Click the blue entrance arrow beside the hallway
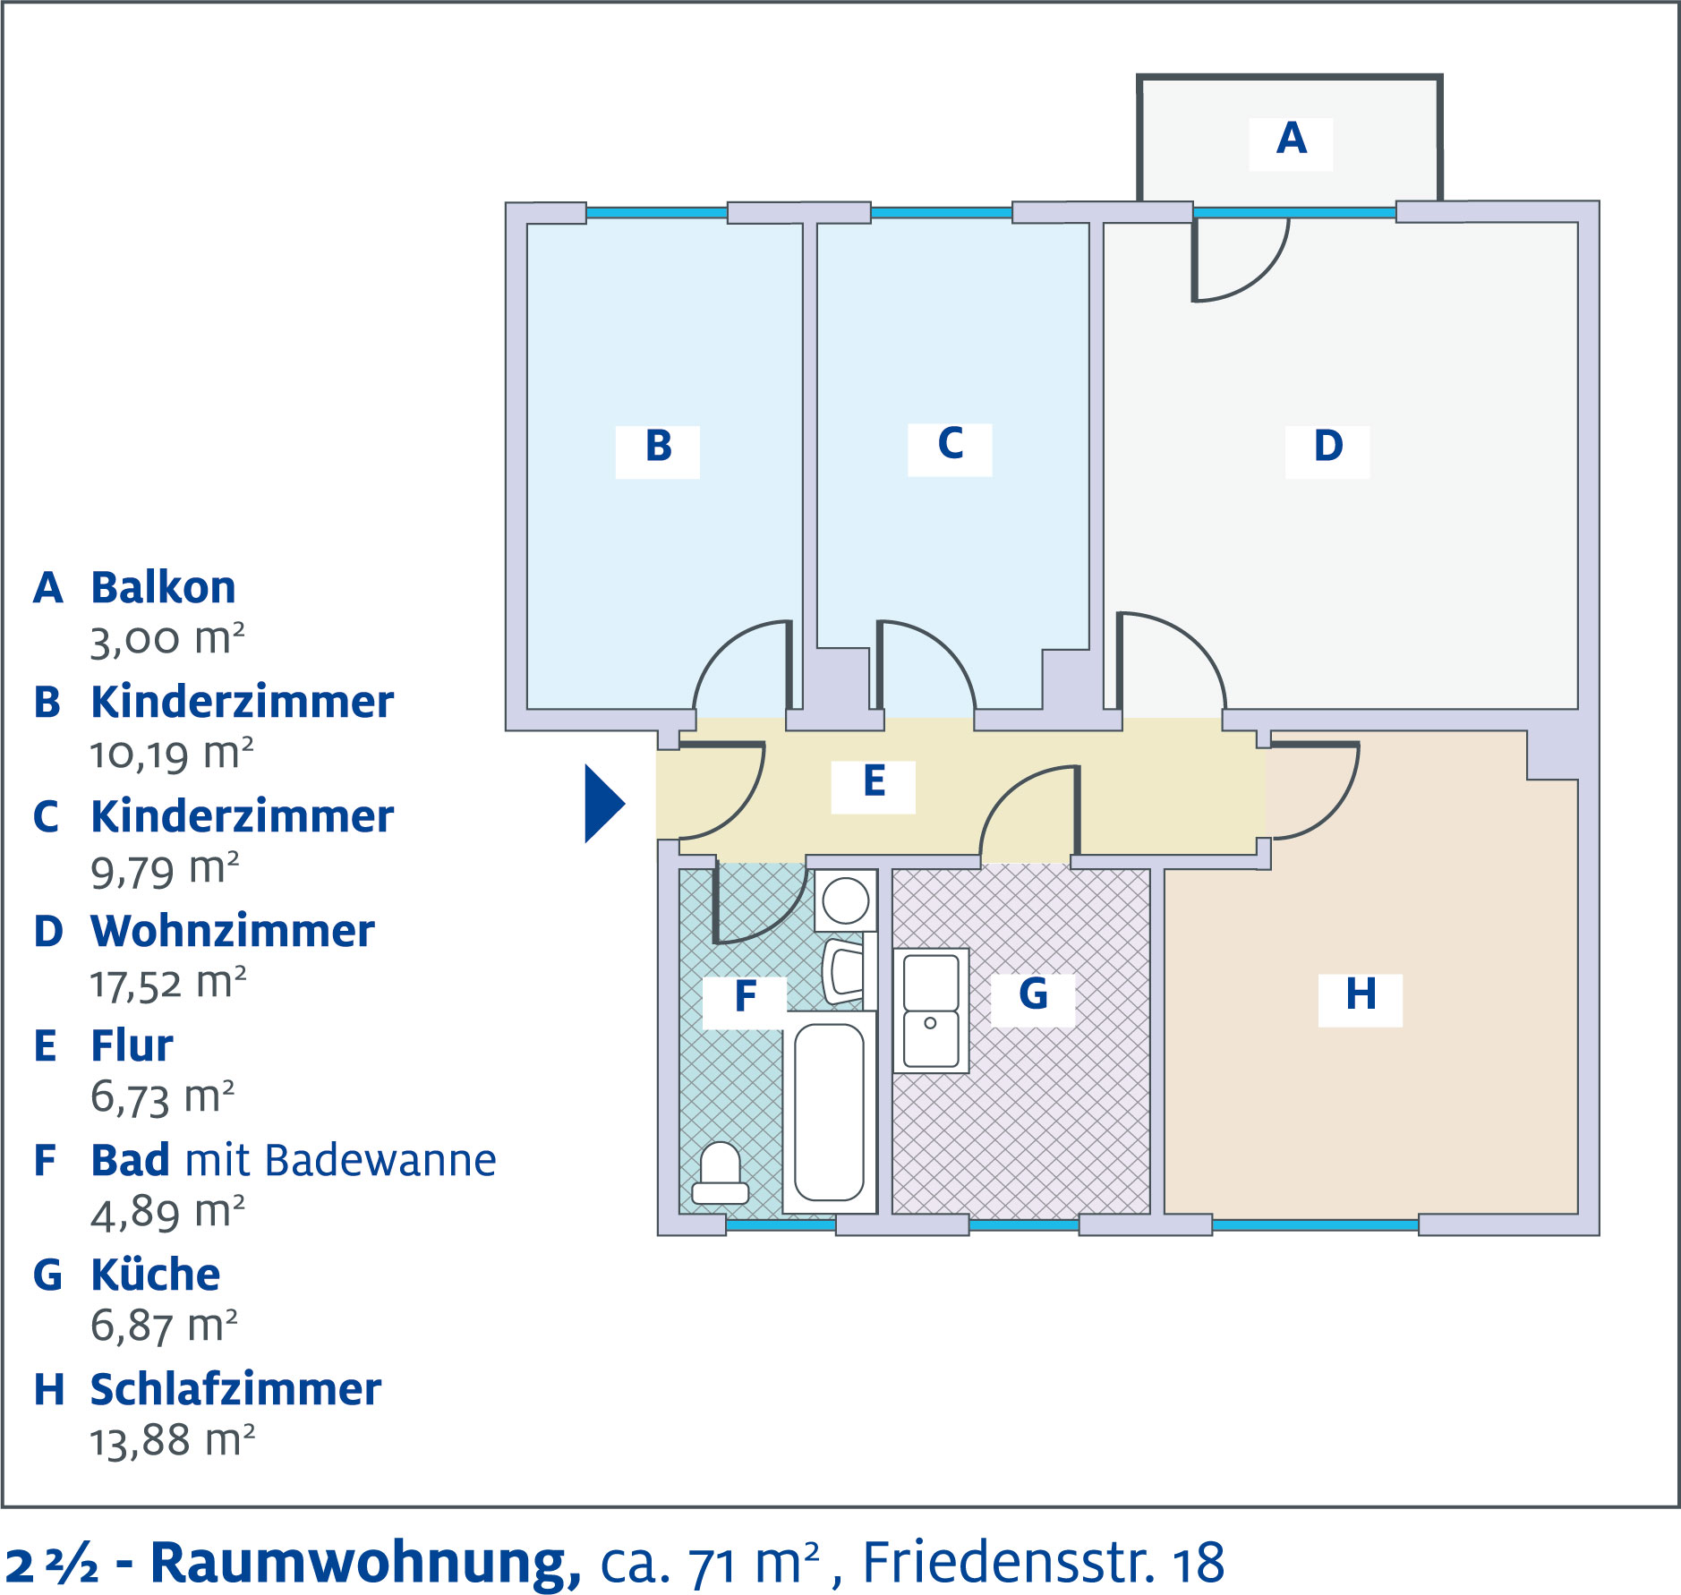pos(603,803)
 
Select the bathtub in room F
pos(829,1112)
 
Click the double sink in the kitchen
pos(931,1011)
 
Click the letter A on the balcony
pos(1291,140)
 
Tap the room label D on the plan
pos(1328,447)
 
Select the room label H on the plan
pos(1361,995)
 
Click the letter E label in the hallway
pos(874,782)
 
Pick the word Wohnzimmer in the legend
pos(233,932)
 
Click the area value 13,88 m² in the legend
pos(172,1441)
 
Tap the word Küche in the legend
pos(156,1275)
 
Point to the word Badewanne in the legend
pos(380,1161)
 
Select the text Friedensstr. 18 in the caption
pos(1043,1563)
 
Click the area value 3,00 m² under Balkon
pos(166,639)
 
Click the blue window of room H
pos(1315,1224)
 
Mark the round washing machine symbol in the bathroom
pos(845,900)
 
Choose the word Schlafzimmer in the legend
pos(235,1390)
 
